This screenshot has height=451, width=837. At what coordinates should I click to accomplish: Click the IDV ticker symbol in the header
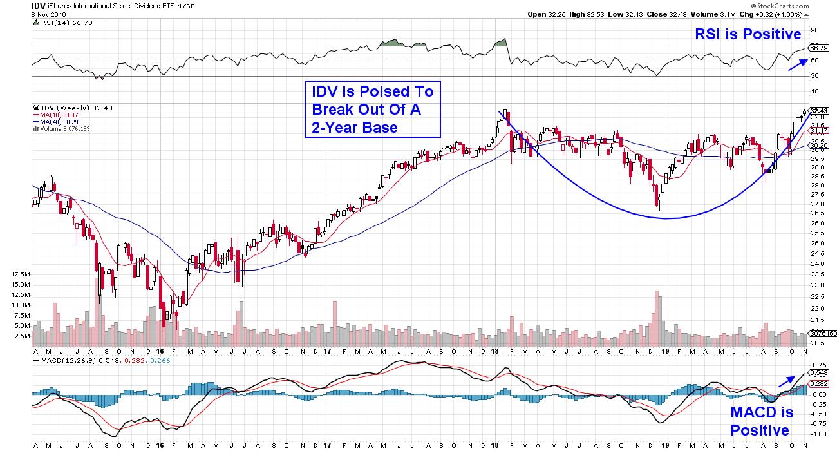[40, 5]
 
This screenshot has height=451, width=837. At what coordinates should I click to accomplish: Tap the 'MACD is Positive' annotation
[761, 421]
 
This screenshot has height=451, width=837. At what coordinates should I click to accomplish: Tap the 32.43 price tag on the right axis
[820, 111]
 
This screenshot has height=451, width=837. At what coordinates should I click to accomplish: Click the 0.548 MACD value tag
[820, 373]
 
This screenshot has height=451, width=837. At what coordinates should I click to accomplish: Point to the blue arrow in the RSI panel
[796, 63]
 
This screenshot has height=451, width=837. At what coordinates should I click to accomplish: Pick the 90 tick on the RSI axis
[814, 30]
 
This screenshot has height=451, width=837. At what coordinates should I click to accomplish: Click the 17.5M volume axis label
[21, 274]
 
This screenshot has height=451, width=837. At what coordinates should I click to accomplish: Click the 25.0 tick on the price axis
[816, 244]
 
